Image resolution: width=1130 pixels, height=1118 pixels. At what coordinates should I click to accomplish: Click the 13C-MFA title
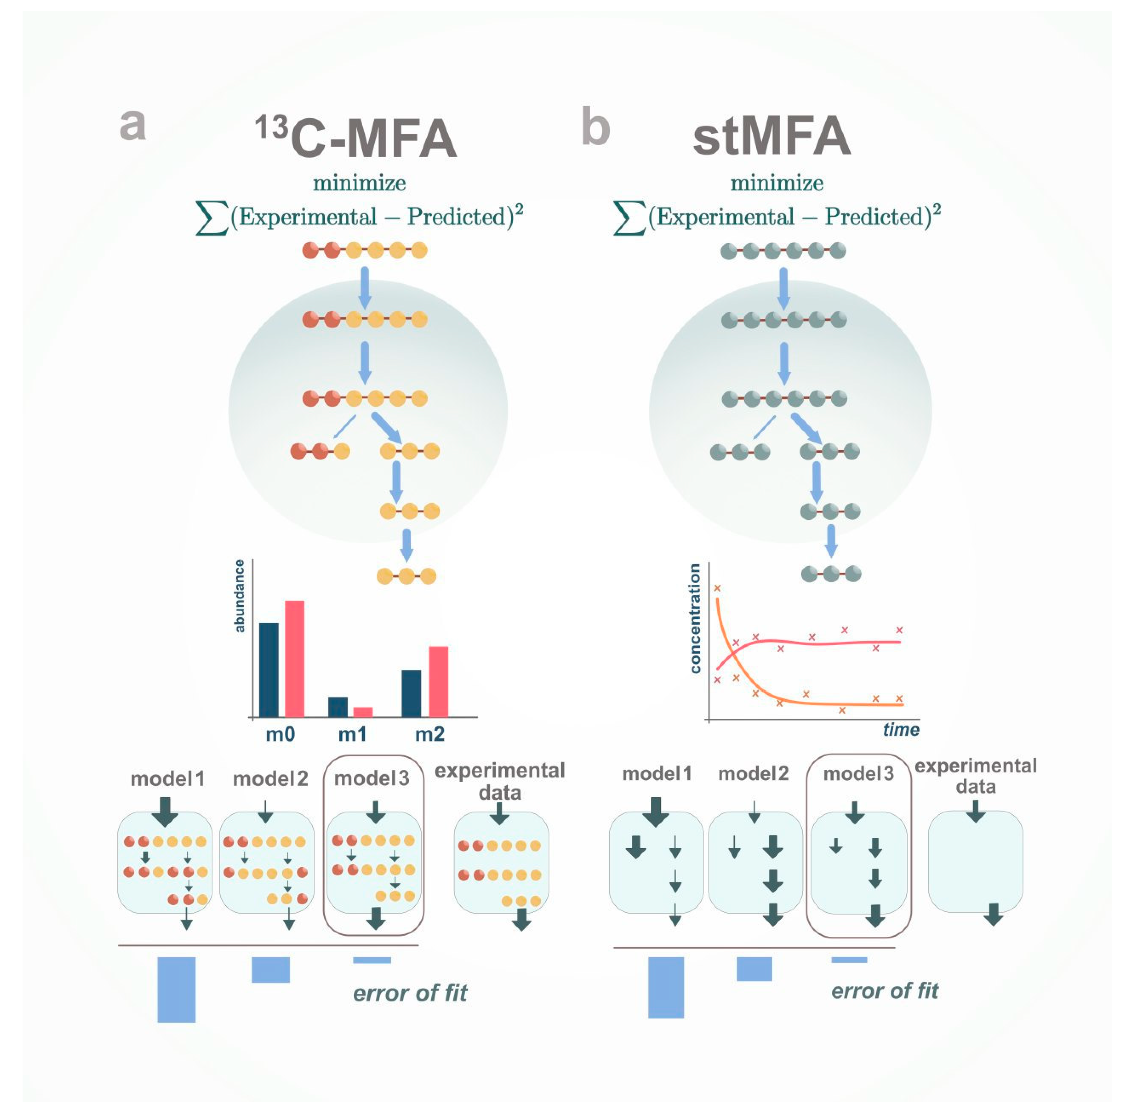pyautogui.click(x=356, y=137)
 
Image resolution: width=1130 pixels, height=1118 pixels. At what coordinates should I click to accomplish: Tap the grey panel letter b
pyautogui.click(x=595, y=127)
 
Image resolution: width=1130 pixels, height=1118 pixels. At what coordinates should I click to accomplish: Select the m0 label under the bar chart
pyautogui.click(x=280, y=734)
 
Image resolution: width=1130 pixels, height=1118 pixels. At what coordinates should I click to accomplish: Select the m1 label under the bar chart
pyautogui.click(x=352, y=734)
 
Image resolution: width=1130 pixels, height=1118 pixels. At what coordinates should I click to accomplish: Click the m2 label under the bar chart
pyautogui.click(x=430, y=734)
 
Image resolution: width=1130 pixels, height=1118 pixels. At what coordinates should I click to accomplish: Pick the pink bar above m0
pyautogui.click(x=294, y=659)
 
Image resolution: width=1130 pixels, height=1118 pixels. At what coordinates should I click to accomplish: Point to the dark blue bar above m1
pyautogui.click(x=338, y=707)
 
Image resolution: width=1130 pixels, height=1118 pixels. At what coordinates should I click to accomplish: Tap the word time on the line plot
pyautogui.click(x=901, y=729)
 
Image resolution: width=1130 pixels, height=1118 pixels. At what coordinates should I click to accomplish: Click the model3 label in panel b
pyautogui.click(x=858, y=774)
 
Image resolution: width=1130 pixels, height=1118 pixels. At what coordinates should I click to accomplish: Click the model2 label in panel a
pyautogui.click(x=270, y=779)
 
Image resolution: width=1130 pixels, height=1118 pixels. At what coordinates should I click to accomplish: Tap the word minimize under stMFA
pyautogui.click(x=777, y=183)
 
